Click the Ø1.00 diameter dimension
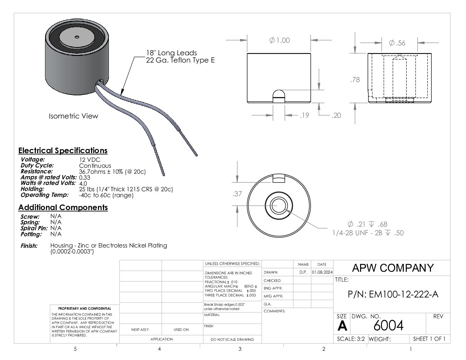point(279,40)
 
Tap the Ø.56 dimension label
point(397,43)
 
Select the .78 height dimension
point(355,80)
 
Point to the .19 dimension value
point(304,115)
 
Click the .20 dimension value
point(336,115)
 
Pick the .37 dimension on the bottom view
point(237,194)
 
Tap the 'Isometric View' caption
point(73,116)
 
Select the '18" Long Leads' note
point(171,53)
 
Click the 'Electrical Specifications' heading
point(63,151)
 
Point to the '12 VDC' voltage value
point(90,160)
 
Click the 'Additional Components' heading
point(63,207)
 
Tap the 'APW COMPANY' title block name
point(393,268)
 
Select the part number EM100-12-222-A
point(393,294)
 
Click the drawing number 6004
point(388,326)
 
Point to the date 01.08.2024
point(322,272)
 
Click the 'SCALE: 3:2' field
point(350,339)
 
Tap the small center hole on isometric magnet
point(77,37)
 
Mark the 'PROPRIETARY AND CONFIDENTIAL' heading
point(85,308)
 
